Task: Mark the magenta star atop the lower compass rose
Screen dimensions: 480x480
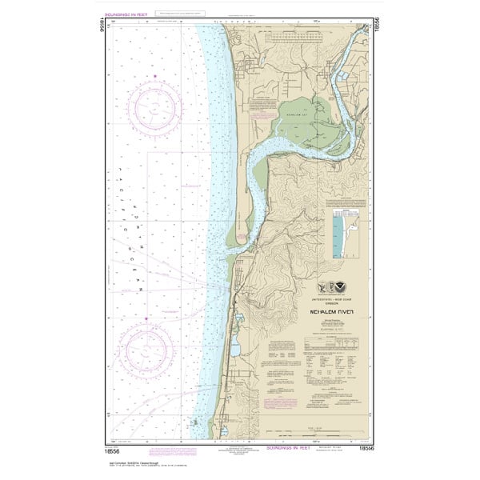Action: pos(146,318)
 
